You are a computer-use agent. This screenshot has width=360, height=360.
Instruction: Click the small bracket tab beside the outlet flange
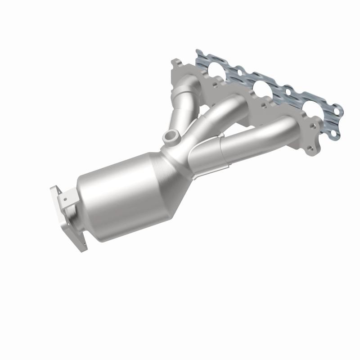click(x=67, y=198)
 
